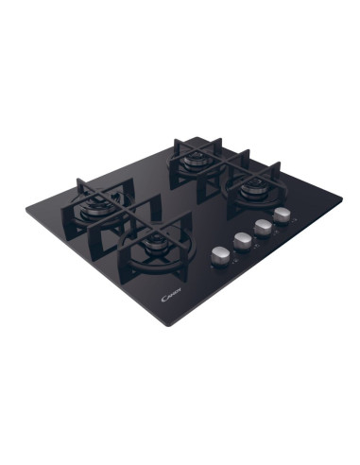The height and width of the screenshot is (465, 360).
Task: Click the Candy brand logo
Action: [172, 296]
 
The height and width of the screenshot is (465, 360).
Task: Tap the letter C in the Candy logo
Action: [163, 300]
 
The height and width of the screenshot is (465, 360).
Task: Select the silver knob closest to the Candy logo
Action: [219, 255]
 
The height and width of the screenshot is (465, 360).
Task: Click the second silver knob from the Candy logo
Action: [242, 241]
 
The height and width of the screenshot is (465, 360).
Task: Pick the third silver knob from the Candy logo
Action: [263, 227]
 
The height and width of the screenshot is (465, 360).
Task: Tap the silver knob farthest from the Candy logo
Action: [282, 215]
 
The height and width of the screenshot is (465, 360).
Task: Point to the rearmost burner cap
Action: [193, 158]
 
